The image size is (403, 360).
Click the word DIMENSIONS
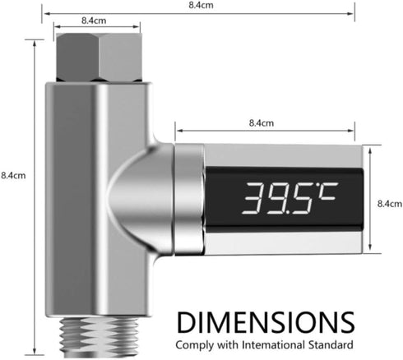[x=266, y=322]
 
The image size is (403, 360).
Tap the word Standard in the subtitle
[x=331, y=344]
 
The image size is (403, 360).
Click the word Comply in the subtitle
[x=194, y=345]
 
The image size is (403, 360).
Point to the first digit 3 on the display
[x=253, y=199]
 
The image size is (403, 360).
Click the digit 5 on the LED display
[x=302, y=199]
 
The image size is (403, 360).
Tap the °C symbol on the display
[x=327, y=192]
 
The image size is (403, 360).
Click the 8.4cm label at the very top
[x=201, y=5]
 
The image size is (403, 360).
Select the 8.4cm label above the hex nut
[x=94, y=21]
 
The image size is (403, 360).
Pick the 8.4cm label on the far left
[x=13, y=175]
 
